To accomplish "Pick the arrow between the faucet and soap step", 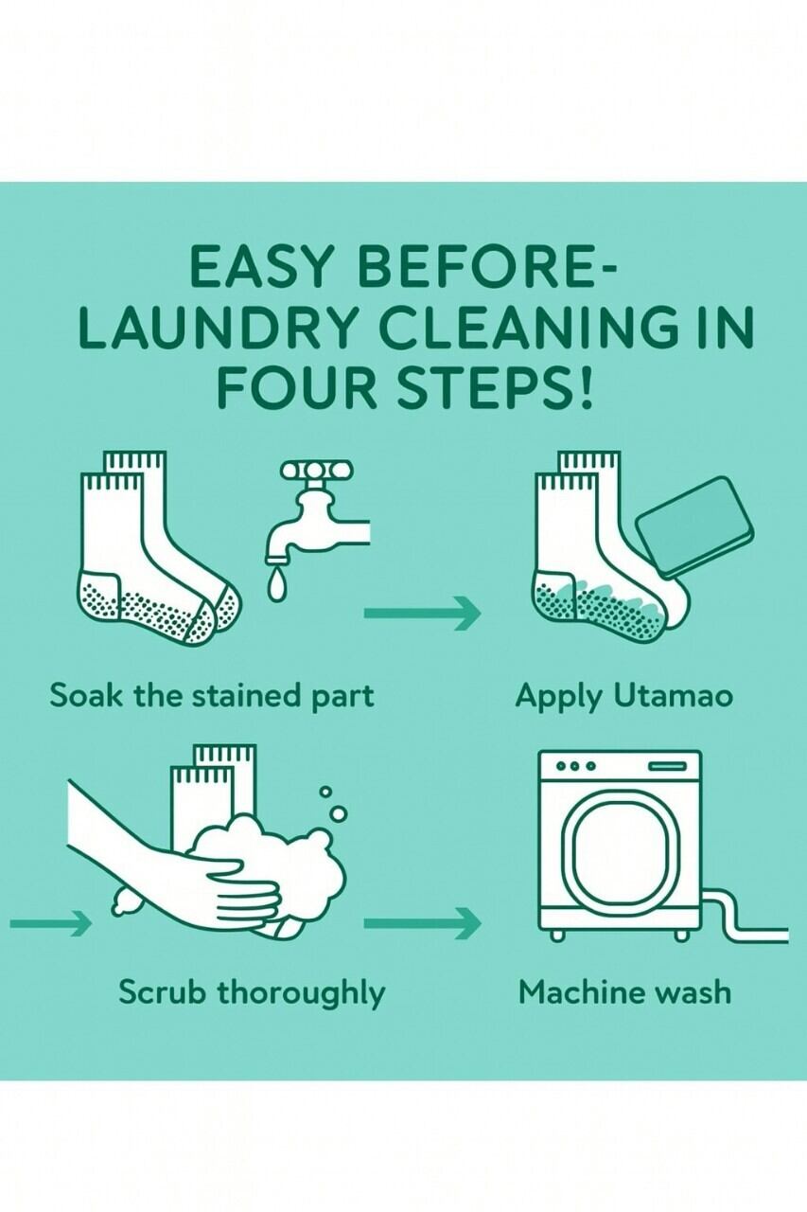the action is pos(422,613).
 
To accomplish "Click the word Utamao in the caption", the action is pos(674,696).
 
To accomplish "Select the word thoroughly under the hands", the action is pos(302,994).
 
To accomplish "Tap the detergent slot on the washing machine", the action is pos(667,766).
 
